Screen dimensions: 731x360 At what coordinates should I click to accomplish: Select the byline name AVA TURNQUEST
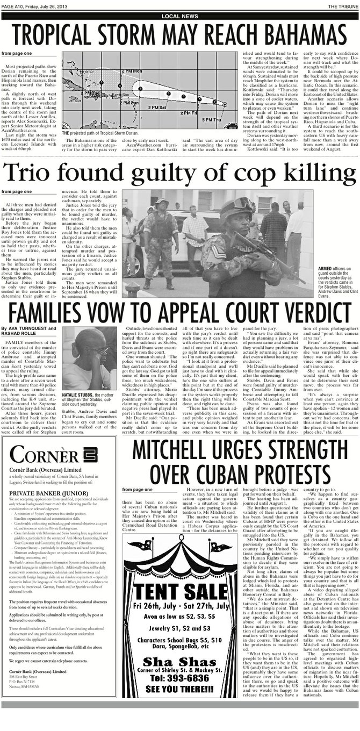26,328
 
